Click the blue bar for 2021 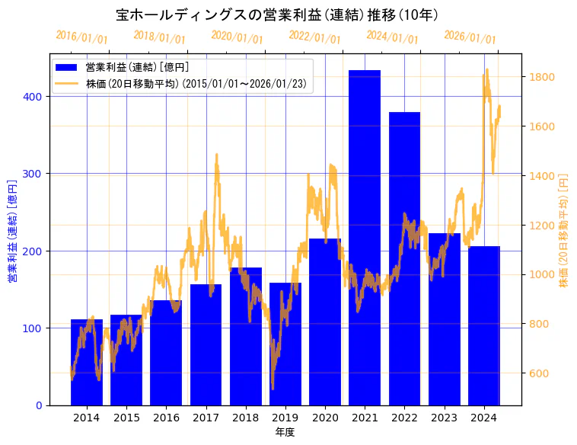click(x=365, y=237)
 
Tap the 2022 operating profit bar click(x=404, y=258)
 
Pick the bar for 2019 click(x=285, y=344)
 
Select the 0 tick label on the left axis click(x=39, y=405)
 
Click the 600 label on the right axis click(x=537, y=373)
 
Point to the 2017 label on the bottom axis click(x=206, y=418)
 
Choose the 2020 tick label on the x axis click(x=325, y=418)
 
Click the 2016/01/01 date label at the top click(x=82, y=37)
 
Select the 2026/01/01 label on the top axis click(x=470, y=37)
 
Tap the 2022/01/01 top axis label click(x=314, y=37)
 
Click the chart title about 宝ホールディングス click(x=277, y=14)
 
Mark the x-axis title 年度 click(x=285, y=432)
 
